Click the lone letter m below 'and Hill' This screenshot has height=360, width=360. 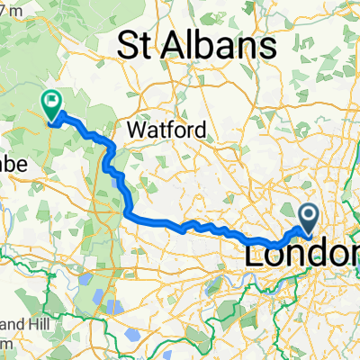click(5, 343)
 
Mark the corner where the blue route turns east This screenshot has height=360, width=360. click(130, 214)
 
